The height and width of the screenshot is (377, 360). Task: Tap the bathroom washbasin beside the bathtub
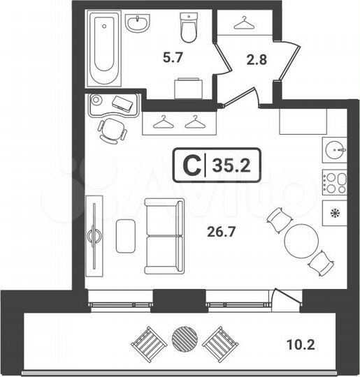[x=138, y=24]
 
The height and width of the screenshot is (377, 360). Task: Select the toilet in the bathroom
[x=188, y=28]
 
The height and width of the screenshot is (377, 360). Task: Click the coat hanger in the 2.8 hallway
[x=245, y=23]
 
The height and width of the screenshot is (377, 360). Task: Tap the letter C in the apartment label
[x=189, y=166]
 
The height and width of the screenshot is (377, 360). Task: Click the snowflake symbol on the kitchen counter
[x=335, y=214]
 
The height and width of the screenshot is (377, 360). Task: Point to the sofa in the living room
[x=165, y=236]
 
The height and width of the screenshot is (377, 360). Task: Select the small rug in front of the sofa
[x=126, y=236]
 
